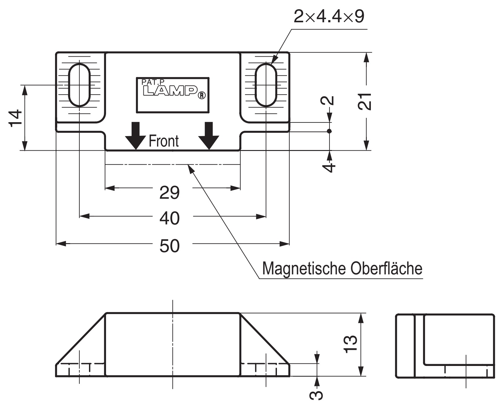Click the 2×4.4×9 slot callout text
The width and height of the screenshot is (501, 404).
click(329, 17)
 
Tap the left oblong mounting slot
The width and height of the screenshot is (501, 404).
click(79, 84)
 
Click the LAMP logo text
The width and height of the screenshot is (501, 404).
click(171, 91)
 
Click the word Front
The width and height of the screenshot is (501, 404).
click(164, 141)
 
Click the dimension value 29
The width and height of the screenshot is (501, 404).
click(169, 193)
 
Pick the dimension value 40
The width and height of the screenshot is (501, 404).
click(169, 218)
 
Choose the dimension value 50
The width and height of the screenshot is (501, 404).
click(169, 246)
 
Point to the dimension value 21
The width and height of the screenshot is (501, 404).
click(365, 101)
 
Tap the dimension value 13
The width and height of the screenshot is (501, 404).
click(351, 343)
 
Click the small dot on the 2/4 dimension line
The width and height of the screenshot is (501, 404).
click(329, 131)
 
